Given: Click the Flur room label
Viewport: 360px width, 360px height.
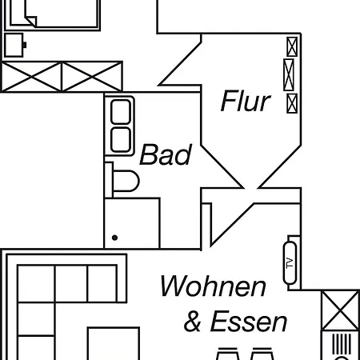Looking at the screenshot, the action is [x=246, y=101].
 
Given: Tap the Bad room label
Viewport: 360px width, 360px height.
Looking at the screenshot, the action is [x=166, y=154].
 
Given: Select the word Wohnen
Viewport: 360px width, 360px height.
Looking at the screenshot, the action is [x=213, y=286].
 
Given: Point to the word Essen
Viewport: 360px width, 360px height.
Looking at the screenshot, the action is [x=249, y=322].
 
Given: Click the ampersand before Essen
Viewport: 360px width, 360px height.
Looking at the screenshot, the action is [x=192, y=322].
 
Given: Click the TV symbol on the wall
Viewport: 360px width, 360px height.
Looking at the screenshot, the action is [x=290, y=263].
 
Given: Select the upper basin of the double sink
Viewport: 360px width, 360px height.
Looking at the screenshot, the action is [x=121, y=112].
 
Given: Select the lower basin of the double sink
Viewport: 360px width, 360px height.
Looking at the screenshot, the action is [x=121, y=140].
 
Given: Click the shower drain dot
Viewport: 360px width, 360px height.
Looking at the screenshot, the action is [x=114, y=238].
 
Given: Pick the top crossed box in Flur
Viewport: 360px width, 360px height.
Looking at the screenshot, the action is [x=292, y=47].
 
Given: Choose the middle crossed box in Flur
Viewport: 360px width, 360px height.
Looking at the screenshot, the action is [x=289, y=75].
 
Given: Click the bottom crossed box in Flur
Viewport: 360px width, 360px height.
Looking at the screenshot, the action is [x=292, y=103].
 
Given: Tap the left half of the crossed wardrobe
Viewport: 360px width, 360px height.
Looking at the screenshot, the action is [x=32, y=77].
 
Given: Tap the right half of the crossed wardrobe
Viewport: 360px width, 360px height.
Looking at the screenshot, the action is [x=92, y=77].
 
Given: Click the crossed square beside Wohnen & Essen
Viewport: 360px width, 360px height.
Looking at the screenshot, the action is [x=340, y=311].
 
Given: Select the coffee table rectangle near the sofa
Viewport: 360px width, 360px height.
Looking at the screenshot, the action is [x=114, y=343].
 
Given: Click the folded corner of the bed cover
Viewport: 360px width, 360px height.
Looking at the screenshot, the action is [x=31, y=22].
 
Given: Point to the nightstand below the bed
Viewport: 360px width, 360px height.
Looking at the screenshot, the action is [x=14, y=45].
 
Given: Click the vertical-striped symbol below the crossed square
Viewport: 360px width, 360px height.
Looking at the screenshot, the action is [x=342, y=344].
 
